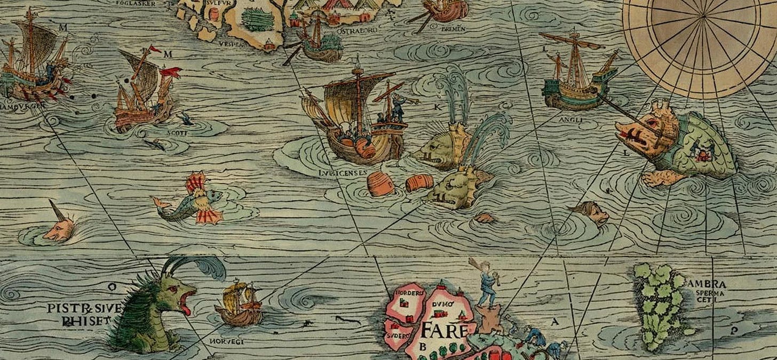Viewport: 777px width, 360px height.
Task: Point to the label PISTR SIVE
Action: click(x=84, y=308)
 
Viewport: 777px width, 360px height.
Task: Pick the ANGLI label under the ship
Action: click(x=570, y=120)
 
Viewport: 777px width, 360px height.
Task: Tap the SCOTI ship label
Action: click(x=177, y=133)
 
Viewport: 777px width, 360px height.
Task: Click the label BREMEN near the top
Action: click(x=454, y=28)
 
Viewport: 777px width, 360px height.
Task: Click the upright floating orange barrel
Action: click(x=380, y=185)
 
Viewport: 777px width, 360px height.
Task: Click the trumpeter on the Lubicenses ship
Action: click(x=398, y=107)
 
